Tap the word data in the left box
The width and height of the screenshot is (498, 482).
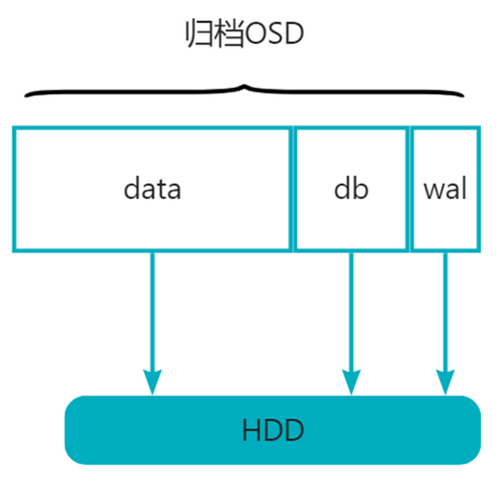pos(152,188)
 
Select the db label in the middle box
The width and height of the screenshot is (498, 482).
pos(350,188)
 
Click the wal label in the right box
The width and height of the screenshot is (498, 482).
pos(445,188)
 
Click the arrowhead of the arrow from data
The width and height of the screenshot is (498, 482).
pos(151,382)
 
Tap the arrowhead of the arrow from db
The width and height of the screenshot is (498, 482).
pos(351,382)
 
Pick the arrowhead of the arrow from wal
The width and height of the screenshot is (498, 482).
pos(445,382)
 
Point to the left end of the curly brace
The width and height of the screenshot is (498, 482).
pos(26,94)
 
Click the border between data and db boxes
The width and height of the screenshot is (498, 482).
pos(292,188)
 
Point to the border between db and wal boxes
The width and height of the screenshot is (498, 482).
pos(409,188)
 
